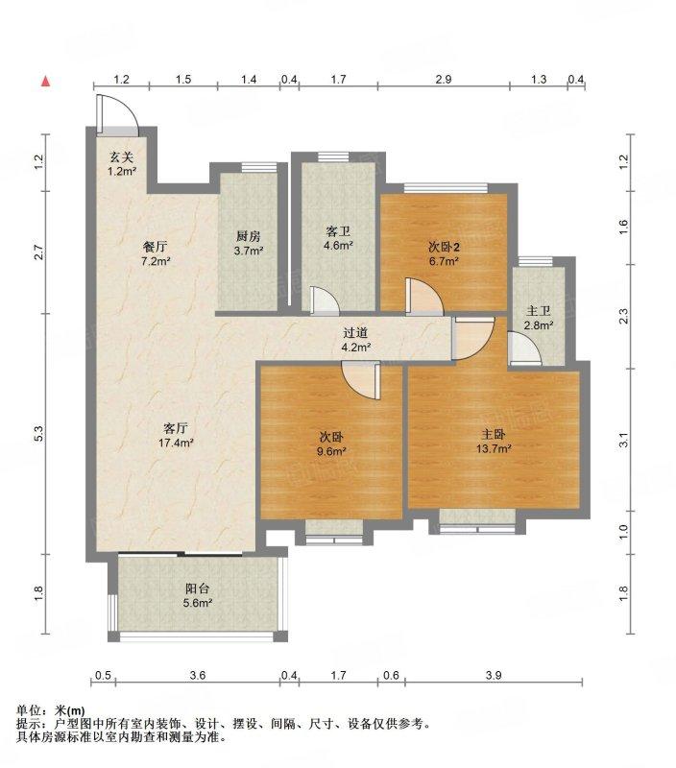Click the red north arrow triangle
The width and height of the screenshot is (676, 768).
coord(45,82)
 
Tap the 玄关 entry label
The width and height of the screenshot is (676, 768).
coord(122,157)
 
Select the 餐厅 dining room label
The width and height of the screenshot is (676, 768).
coord(155,247)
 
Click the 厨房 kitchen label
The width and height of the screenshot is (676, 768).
coord(249,236)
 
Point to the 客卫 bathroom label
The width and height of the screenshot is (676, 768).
coord(338,231)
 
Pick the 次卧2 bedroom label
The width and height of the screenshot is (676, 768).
coord(444,247)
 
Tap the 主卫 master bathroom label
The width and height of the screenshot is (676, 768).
coord(539,310)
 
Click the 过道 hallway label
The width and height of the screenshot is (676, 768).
coord(355,333)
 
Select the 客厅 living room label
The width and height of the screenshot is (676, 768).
coord(176,428)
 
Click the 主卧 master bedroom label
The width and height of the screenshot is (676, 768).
coord(494,434)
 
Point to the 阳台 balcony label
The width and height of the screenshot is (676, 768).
coord(198,588)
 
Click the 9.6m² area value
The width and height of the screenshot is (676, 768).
coord(331,451)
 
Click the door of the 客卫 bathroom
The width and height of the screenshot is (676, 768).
coord(325,300)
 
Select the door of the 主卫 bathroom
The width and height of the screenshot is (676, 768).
coord(524,348)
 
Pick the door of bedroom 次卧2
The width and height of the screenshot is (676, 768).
coord(424,297)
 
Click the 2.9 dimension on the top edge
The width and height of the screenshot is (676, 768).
coord(444,80)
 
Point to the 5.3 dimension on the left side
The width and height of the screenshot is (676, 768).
coord(39,434)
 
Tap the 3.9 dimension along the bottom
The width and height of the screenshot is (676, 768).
coord(494,676)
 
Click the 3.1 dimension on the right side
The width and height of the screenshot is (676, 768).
coord(623,441)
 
